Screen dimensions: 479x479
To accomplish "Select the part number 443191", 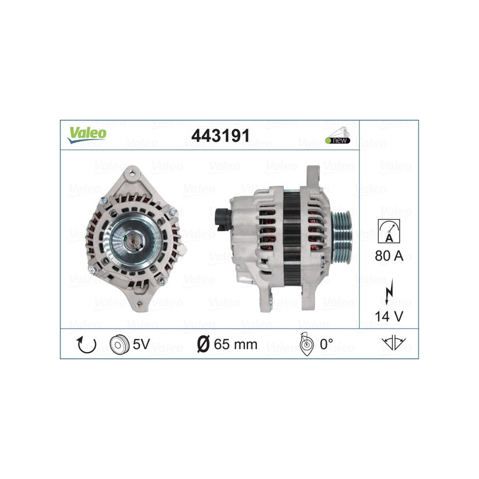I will click(220, 136).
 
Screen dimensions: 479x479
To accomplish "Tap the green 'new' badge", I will click(338, 140).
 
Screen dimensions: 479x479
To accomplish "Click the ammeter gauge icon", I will click(389, 231).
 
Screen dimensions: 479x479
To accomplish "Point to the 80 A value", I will click(389, 256).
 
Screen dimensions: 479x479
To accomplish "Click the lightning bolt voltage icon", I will click(389, 292).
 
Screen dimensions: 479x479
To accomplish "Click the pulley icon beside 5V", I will click(120, 344).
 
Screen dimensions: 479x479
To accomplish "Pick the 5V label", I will click(142, 344).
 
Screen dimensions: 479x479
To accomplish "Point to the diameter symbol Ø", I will click(203, 344).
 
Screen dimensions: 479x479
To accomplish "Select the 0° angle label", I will click(326, 344).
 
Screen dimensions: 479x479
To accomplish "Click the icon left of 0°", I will click(305, 345).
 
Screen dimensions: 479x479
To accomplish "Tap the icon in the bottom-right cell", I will click(393, 344).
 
